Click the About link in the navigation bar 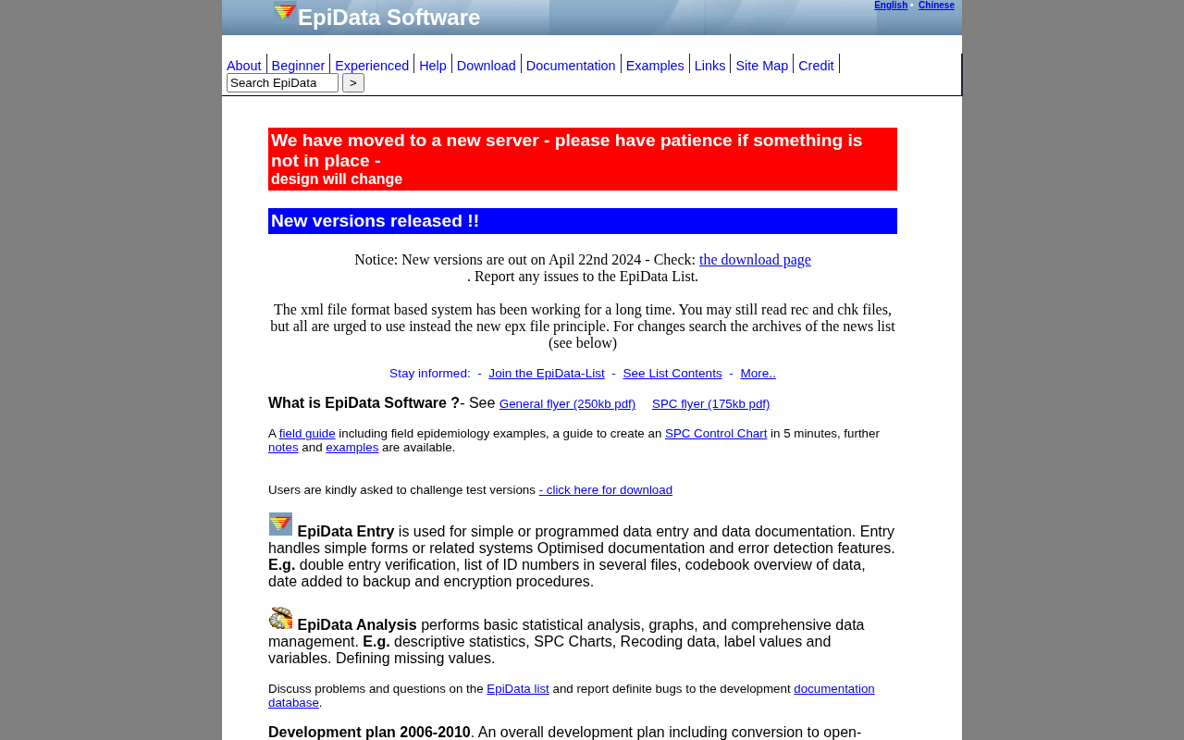click(x=244, y=66)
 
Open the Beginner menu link click(x=298, y=66)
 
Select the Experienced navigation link click(x=372, y=66)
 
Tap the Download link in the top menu click(x=486, y=66)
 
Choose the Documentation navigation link click(x=571, y=66)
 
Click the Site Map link click(x=761, y=66)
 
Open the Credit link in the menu click(x=816, y=66)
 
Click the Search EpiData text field click(x=282, y=83)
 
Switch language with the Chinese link click(x=936, y=6)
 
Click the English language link click(x=891, y=6)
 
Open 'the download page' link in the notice click(x=755, y=260)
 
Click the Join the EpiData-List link click(x=547, y=374)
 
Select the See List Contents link click(x=672, y=374)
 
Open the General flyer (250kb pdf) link click(x=567, y=404)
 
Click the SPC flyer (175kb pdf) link click(x=710, y=404)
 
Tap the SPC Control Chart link click(x=716, y=434)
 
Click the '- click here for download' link click(x=606, y=490)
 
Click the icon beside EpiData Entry click(x=280, y=524)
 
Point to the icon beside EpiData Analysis click(x=280, y=618)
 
